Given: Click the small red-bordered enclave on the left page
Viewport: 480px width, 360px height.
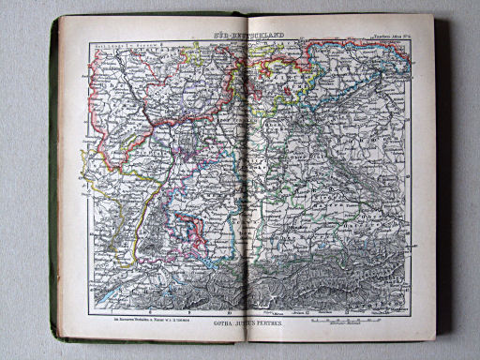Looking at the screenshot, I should point(194,230).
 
